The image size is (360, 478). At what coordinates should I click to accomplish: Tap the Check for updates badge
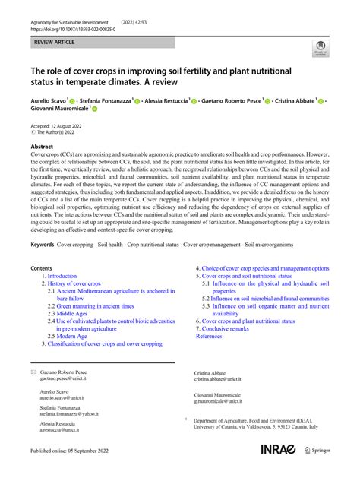click(320, 50)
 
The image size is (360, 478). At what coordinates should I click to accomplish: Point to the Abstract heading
click(42, 145)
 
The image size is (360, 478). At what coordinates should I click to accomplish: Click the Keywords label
click(48, 245)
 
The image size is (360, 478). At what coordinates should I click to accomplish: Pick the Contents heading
click(41, 268)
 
